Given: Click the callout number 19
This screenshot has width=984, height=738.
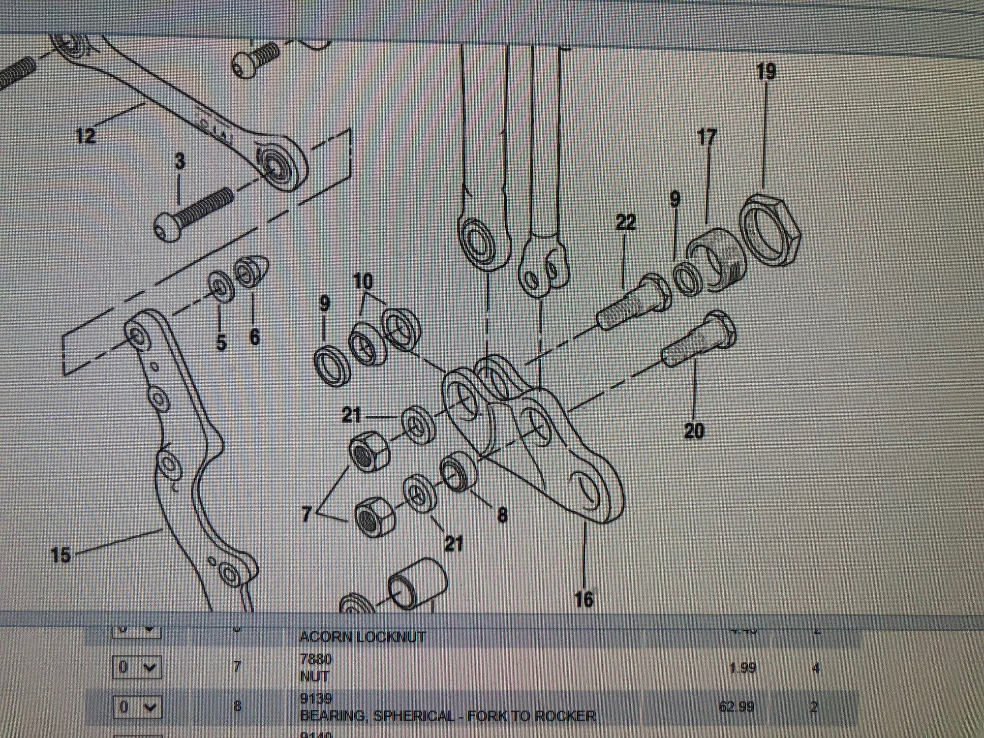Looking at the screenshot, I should coord(766,72).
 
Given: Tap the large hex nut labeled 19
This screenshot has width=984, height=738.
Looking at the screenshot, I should coord(770,231).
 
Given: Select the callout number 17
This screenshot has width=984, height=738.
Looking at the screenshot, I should coord(707,137).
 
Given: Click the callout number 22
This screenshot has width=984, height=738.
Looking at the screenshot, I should coord(625,222).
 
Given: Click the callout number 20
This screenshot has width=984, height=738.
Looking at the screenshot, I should coord(694,431).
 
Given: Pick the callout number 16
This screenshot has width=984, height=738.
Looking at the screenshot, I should coord(584,599).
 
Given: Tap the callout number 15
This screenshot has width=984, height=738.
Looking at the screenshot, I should coord(61,556).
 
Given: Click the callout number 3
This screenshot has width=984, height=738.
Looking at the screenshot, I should coord(180,161).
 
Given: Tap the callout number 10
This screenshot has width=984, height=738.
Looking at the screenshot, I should coord(363,282).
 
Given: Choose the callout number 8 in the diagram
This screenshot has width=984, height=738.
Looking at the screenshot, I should coord(502,515).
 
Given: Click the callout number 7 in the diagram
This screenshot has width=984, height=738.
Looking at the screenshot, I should coord(307,515).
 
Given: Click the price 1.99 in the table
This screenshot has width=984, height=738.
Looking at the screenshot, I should coord(741,668).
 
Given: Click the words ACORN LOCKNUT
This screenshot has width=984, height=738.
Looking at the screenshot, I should coord(362,637).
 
